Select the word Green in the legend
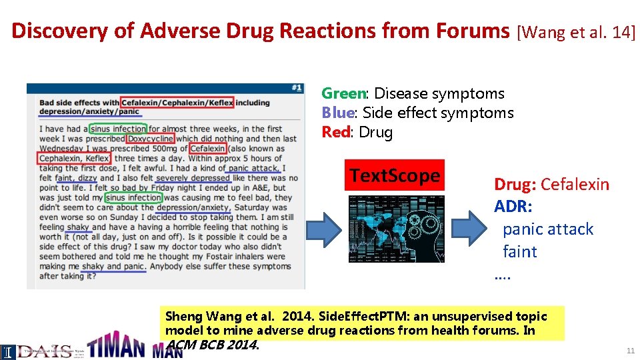point(343,93)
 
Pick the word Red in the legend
point(336,132)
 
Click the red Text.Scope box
point(395,175)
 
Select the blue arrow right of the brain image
point(469,229)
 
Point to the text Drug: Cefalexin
point(551,185)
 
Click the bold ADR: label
point(513,207)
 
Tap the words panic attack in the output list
point(547,229)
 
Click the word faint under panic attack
point(519,252)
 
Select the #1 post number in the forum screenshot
point(297,88)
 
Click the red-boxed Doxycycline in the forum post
point(150,138)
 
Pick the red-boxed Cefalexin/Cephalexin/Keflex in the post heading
point(177,103)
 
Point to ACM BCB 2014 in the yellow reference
point(212,345)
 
